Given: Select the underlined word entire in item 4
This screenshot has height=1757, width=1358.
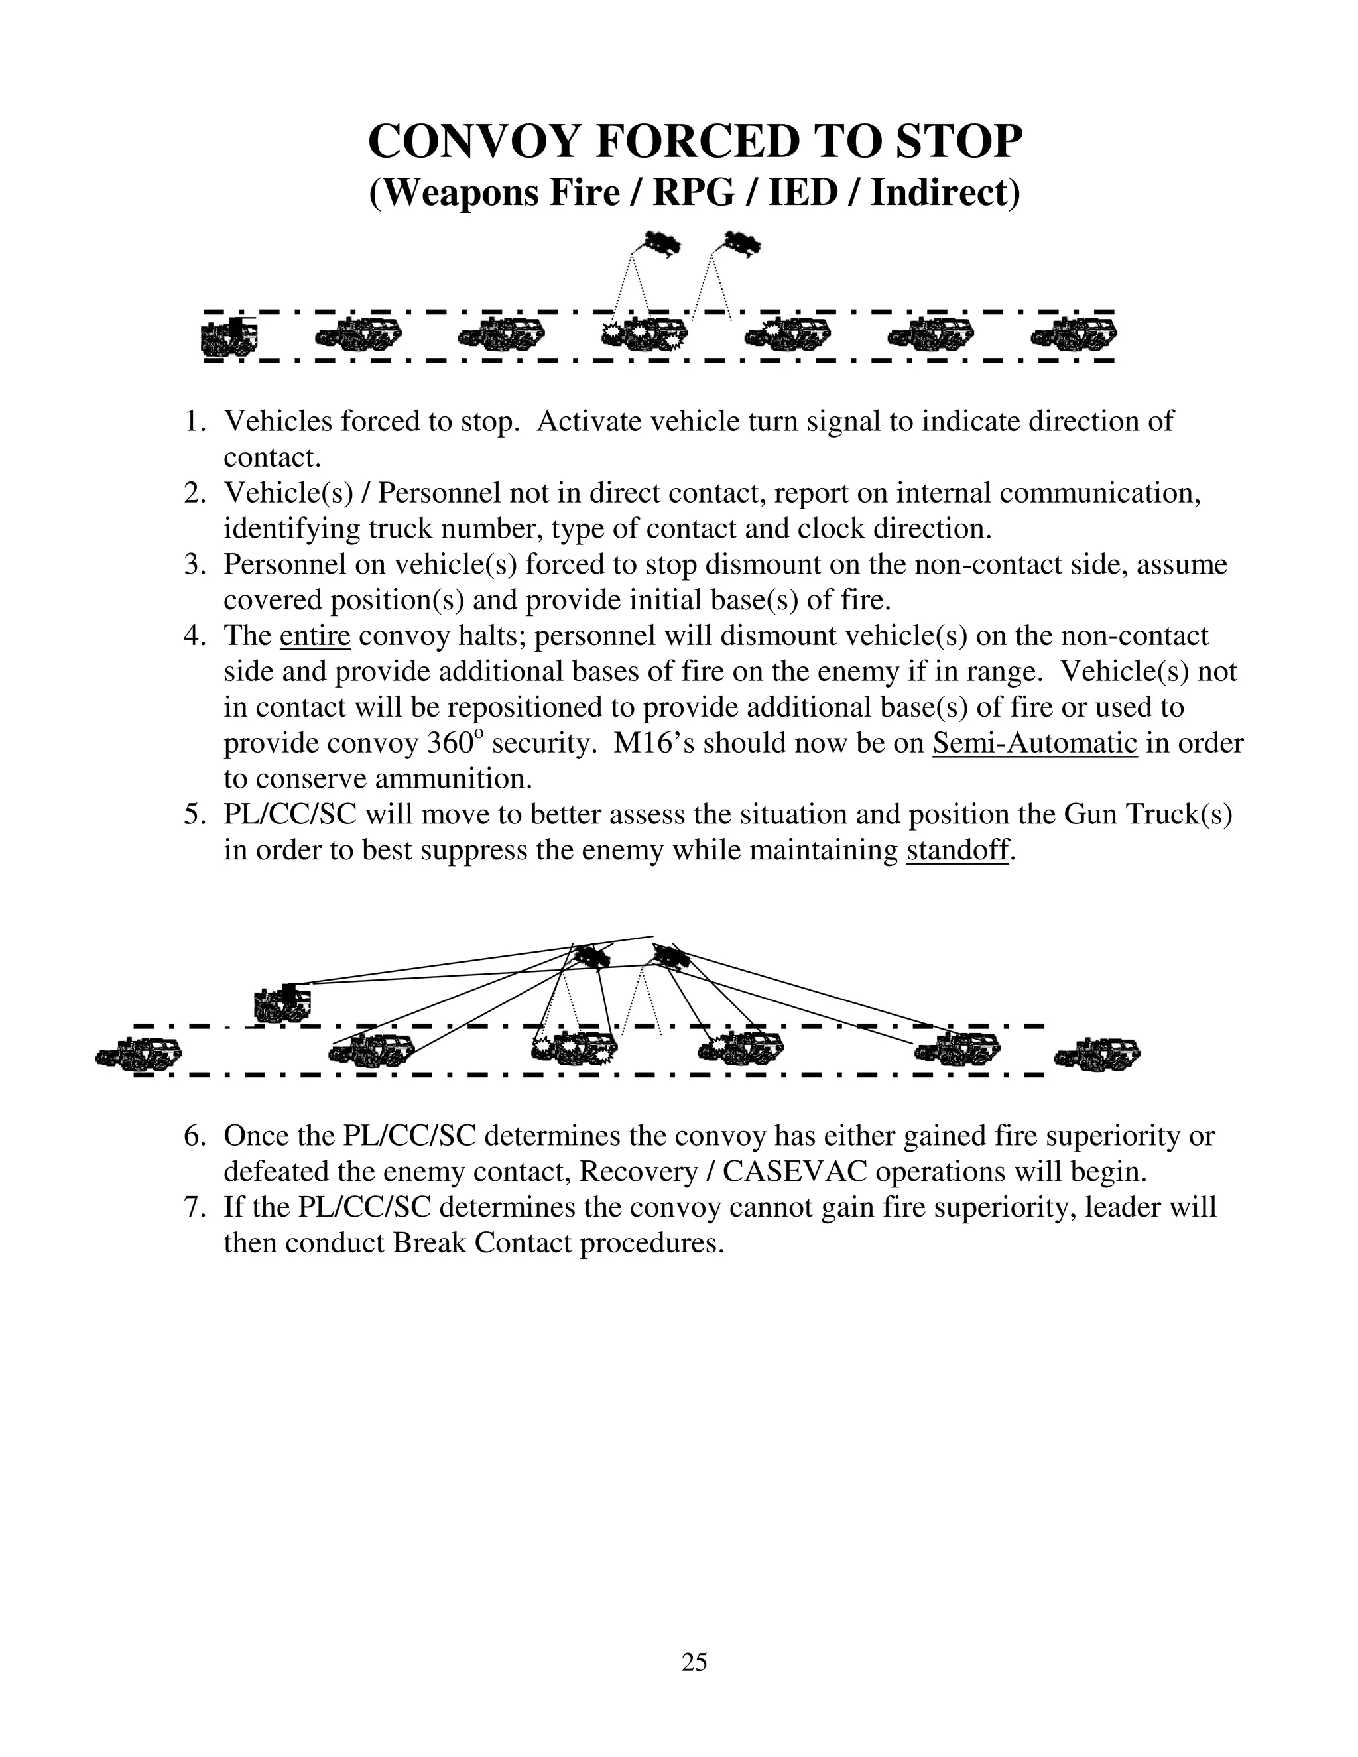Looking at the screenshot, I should (x=314, y=636).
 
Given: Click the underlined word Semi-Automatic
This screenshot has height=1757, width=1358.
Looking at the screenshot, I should (x=1034, y=743).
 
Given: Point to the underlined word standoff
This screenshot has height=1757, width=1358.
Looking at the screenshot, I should (x=957, y=851).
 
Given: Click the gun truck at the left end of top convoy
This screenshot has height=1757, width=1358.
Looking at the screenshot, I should (x=229, y=336).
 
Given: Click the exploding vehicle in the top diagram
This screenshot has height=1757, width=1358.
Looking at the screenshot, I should (x=645, y=334).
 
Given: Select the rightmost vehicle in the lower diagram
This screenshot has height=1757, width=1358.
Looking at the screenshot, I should (x=1097, y=1052).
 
